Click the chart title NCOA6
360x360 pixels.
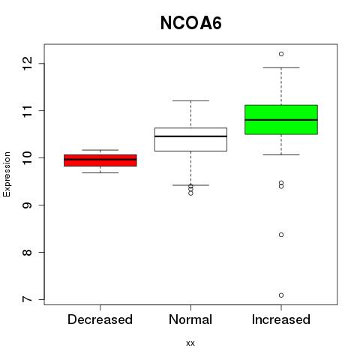190,23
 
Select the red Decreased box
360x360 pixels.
100,160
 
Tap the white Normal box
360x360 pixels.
190,139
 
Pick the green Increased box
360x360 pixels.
281,120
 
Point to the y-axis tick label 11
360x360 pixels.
27,111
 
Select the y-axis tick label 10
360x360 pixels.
27,157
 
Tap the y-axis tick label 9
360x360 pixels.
27,205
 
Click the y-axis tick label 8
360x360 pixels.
27,252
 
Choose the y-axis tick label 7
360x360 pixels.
27,299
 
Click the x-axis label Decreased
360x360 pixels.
100,319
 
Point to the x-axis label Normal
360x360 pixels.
190,319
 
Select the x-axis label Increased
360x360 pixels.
281,319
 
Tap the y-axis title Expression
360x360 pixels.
7,174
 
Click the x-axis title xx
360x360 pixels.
190,343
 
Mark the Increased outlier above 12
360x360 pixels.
281,54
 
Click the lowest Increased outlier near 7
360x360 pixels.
281,295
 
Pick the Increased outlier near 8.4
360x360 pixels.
281,235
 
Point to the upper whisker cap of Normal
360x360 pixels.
190,100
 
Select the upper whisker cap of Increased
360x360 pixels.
281,67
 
